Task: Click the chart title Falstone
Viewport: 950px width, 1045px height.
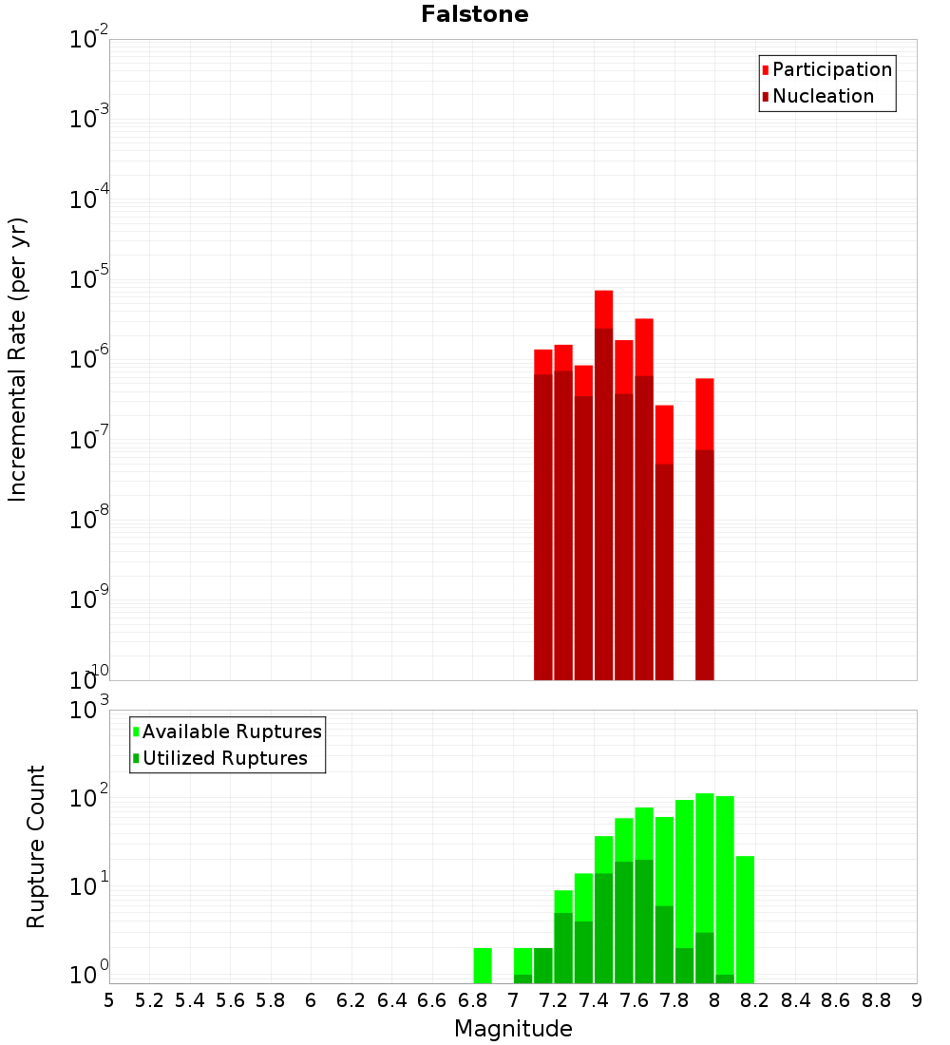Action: tap(475, 14)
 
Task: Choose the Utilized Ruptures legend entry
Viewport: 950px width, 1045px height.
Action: tap(224, 759)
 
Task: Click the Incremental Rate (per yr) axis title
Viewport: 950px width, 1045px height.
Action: tap(18, 359)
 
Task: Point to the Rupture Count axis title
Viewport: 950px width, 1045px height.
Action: tap(36, 846)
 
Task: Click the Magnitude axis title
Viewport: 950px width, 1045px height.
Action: tap(513, 1029)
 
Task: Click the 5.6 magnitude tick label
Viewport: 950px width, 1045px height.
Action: tap(230, 1000)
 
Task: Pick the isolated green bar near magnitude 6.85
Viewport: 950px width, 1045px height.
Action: tap(483, 965)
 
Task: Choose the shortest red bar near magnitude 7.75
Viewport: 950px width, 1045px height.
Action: tap(664, 541)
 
